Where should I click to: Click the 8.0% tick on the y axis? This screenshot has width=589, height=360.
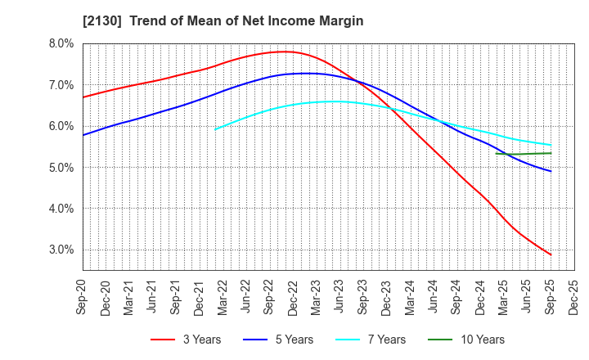pos(61,43)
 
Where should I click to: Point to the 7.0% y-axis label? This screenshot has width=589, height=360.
pos(61,85)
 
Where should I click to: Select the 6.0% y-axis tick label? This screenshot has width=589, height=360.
pos(61,126)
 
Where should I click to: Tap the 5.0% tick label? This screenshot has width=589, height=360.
pos(61,168)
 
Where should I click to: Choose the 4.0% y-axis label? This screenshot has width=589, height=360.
pos(61,209)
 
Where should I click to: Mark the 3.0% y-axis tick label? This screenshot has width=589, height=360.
pos(61,250)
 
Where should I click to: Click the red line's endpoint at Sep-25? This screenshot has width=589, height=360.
pos(551,254)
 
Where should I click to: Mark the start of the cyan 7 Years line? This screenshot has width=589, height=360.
pos(215,129)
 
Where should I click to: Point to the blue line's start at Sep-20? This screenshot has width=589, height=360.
pos(83,135)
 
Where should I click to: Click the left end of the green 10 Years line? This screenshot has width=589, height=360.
pos(497,154)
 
